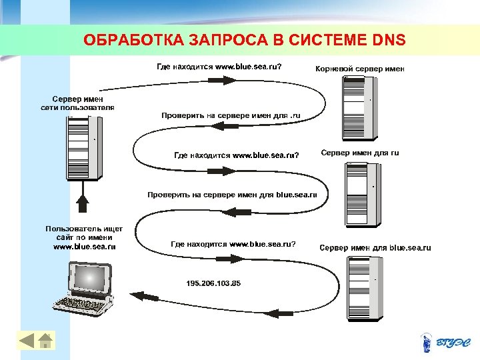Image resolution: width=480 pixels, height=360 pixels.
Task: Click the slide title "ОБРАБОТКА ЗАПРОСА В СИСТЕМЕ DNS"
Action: pos(244,41)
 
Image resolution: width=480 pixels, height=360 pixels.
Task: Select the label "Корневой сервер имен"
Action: pos(359,68)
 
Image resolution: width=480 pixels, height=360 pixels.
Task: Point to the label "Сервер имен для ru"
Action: pos(360,153)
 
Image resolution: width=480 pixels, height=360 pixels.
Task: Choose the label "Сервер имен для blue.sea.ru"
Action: pos(375,248)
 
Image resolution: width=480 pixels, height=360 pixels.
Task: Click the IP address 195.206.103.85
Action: pos(213,283)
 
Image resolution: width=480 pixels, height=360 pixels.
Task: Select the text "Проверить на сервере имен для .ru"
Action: pos(231,115)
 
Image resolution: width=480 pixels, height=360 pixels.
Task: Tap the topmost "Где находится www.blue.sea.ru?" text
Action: pos(219,67)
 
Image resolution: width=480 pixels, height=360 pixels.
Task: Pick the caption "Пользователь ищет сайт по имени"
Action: pos(84,233)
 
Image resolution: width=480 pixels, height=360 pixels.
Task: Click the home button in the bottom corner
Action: pos(45,341)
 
